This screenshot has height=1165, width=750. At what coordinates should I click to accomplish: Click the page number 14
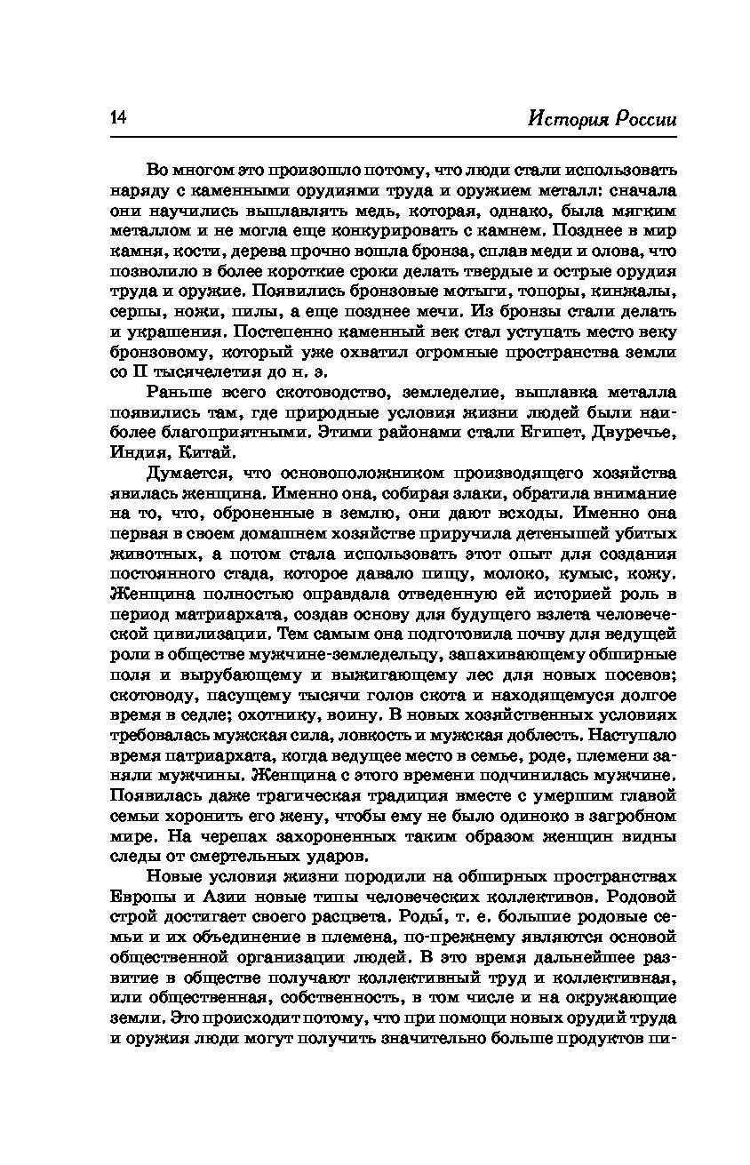(x=118, y=119)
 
